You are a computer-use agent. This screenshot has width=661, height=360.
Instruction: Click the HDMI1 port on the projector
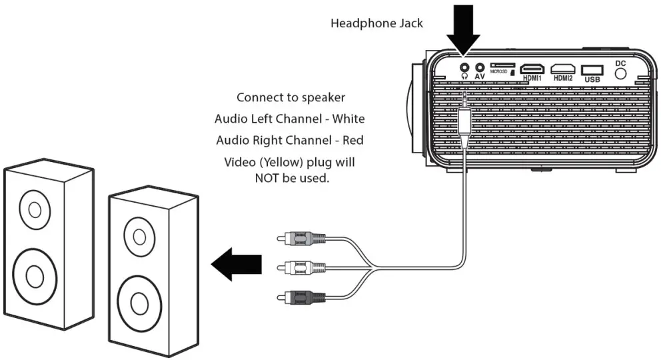click(x=532, y=69)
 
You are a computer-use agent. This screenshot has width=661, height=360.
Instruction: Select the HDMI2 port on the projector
click(x=562, y=69)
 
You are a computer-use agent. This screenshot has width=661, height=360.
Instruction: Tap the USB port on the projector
click(x=591, y=69)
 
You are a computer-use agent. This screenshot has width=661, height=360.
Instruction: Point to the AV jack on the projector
click(x=478, y=67)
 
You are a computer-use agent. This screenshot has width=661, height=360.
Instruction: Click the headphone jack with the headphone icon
click(x=464, y=67)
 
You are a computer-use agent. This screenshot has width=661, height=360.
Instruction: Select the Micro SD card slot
click(x=502, y=65)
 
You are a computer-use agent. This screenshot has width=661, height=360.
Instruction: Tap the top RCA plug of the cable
click(x=301, y=238)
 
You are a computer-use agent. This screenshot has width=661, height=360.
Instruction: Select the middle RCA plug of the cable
click(x=301, y=268)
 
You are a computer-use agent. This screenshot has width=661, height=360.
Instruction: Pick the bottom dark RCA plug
click(x=301, y=297)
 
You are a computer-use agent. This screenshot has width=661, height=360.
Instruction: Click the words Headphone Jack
click(x=376, y=24)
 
